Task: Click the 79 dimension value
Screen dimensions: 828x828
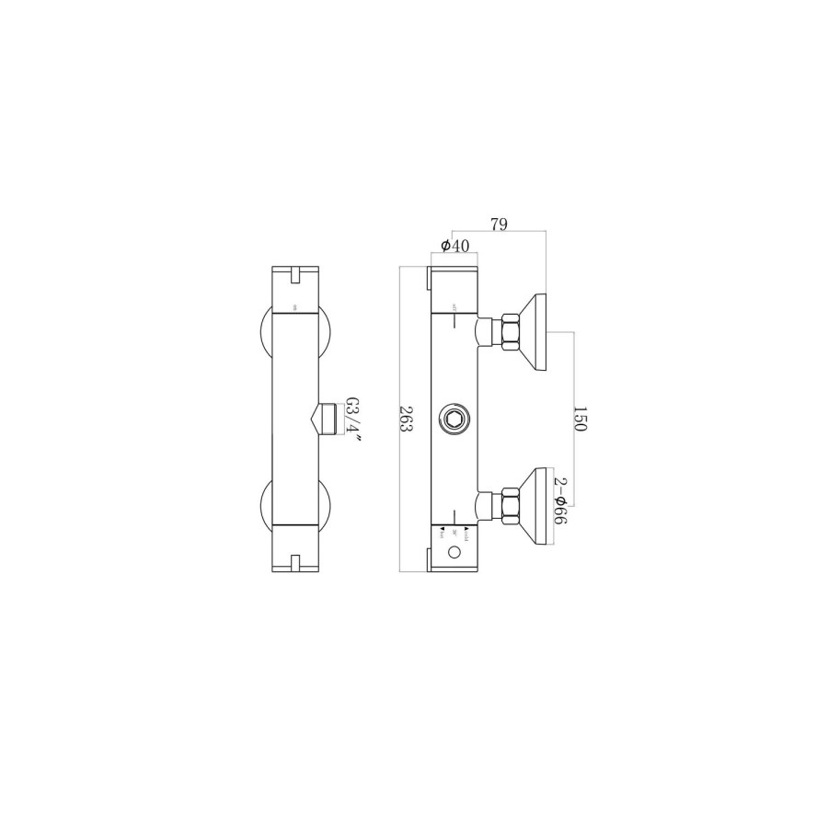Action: point(499,224)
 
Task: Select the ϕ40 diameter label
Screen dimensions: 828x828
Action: point(455,246)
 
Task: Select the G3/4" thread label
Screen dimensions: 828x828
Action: point(352,420)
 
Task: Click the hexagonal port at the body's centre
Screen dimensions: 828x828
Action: point(454,420)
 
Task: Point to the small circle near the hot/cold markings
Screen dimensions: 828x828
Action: point(454,553)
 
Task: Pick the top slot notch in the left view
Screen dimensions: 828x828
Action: point(295,273)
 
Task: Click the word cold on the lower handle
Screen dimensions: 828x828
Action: point(467,533)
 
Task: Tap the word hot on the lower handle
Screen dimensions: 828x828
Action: point(443,533)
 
